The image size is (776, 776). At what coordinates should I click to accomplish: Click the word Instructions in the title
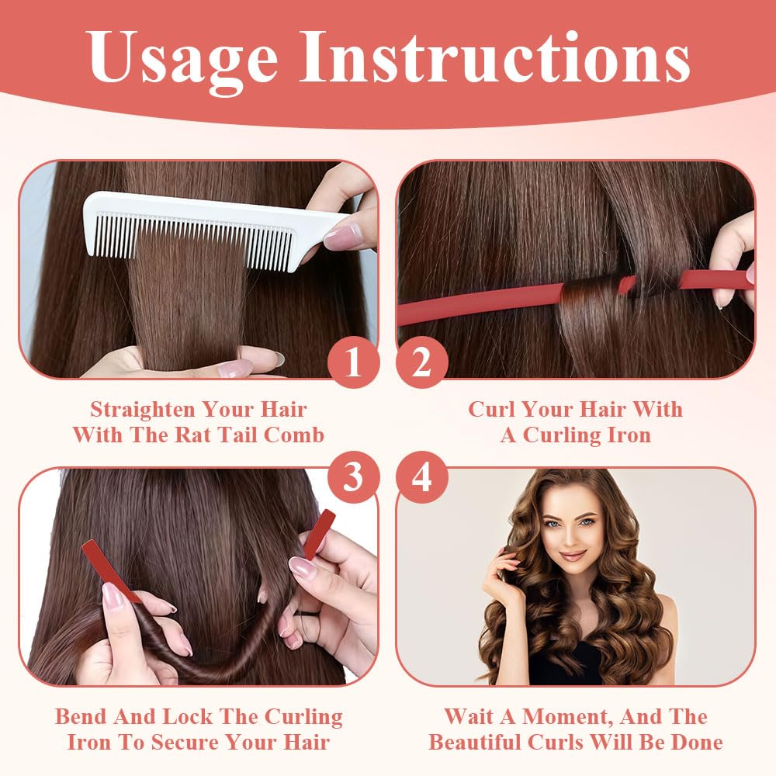495,56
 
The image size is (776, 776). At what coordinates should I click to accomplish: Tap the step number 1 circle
353,362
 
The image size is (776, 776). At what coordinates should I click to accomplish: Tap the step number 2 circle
421,362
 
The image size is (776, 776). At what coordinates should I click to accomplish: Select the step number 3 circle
353,477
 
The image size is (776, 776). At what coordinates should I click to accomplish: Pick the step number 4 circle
421,477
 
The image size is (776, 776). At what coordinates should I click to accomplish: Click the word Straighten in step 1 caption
143,411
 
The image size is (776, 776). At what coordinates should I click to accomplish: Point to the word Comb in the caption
293,435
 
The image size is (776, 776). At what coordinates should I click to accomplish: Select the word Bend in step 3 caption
81,716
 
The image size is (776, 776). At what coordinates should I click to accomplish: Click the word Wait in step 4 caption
467,716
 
